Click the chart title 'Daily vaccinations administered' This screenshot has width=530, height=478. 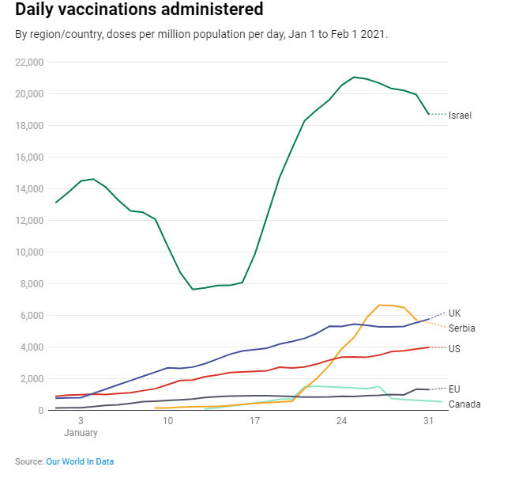pyautogui.click(x=139, y=10)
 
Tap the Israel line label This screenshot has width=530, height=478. pyautogui.click(x=460, y=116)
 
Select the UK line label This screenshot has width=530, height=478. pyautogui.click(x=454, y=313)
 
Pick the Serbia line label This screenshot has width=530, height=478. pyautogui.click(x=461, y=328)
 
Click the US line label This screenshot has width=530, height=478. pyautogui.click(x=454, y=349)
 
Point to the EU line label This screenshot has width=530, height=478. pyautogui.click(x=454, y=389)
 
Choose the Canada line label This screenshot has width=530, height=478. pyautogui.click(x=464, y=404)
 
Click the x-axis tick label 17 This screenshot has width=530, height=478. pyautogui.click(x=254, y=422)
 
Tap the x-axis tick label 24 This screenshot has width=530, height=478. pyautogui.click(x=341, y=422)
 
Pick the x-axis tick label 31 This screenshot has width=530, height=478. pyautogui.click(x=428, y=422)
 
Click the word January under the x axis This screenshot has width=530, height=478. pyautogui.click(x=81, y=433)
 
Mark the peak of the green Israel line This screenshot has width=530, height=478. pyautogui.click(x=354, y=77)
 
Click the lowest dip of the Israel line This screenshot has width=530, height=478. pyautogui.click(x=193, y=290)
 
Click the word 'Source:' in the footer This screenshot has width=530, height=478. pyautogui.click(x=29, y=461)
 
